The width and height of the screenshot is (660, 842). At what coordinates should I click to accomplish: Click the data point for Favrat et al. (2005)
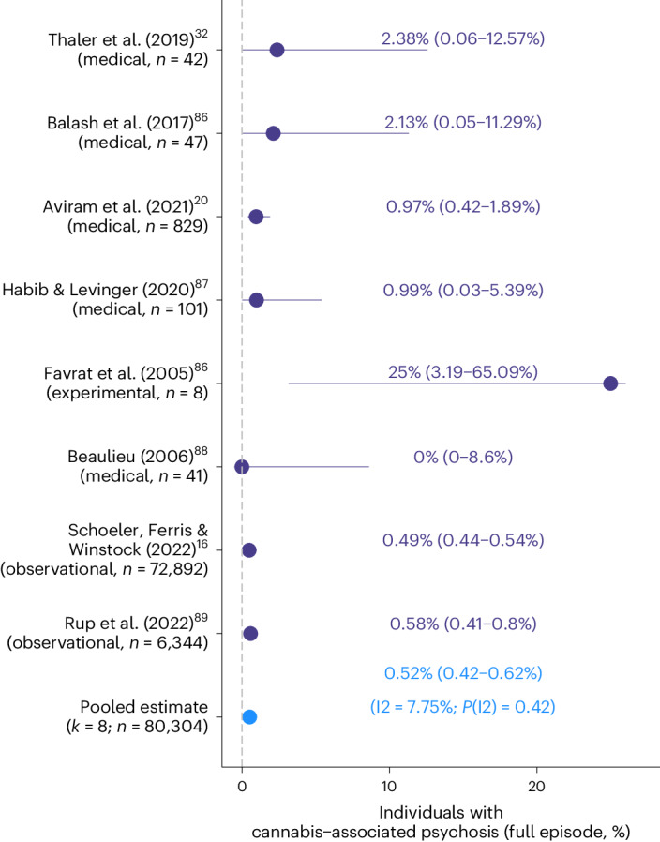(610, 383)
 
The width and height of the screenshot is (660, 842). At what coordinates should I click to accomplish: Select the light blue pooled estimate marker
(249, 716)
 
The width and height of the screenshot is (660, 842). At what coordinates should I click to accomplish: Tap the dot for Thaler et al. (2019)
(277, 50)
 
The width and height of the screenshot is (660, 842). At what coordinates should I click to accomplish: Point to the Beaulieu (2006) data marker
(242, 466)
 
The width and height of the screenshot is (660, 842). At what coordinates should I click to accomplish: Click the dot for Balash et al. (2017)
(273, 133)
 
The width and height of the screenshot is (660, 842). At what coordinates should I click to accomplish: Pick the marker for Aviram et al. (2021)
(256, 217)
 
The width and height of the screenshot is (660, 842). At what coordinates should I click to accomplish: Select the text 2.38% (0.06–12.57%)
(463, 39)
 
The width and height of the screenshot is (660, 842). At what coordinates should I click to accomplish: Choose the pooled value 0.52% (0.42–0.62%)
(464, 672)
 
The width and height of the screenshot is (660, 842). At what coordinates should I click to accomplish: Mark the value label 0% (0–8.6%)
(463, 457)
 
